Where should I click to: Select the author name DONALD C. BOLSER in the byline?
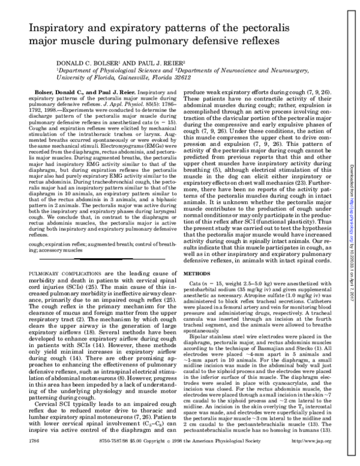pyautogui.click(x=88, y=62)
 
